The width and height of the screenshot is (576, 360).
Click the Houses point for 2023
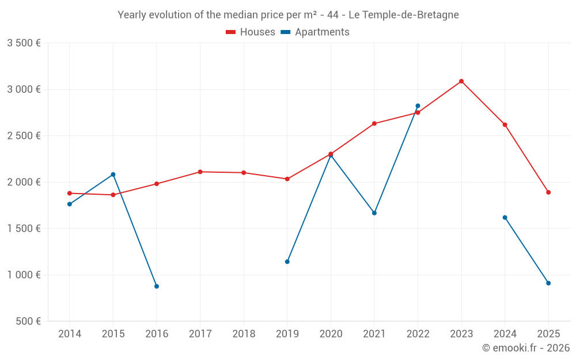(461, 81)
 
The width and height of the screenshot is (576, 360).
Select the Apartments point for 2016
(157, 286)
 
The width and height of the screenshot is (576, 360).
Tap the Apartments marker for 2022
(418, 106)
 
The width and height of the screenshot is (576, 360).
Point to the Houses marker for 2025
(548, 192)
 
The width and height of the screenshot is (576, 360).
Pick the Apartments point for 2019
(287, 262)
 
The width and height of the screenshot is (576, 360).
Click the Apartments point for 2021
(374, 213)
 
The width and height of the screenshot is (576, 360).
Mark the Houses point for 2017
(200, 172)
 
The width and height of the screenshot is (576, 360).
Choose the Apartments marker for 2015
(113, 175)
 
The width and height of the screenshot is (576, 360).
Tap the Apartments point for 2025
(548, 283)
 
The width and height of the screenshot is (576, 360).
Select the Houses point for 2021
(374, 123)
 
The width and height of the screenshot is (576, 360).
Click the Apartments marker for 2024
(505, 218)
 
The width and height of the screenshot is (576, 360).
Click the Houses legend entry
(251, 32)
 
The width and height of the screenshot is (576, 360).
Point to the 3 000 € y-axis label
(24, 89)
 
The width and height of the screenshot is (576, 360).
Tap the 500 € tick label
(27, 321)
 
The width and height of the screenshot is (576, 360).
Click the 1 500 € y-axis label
(24, 229)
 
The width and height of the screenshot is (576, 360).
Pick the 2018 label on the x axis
(244, 334)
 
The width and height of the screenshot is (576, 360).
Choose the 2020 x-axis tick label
(331, 334)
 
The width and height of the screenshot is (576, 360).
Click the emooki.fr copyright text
(526, 348)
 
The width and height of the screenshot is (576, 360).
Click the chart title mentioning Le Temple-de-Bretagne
(288, 15)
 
